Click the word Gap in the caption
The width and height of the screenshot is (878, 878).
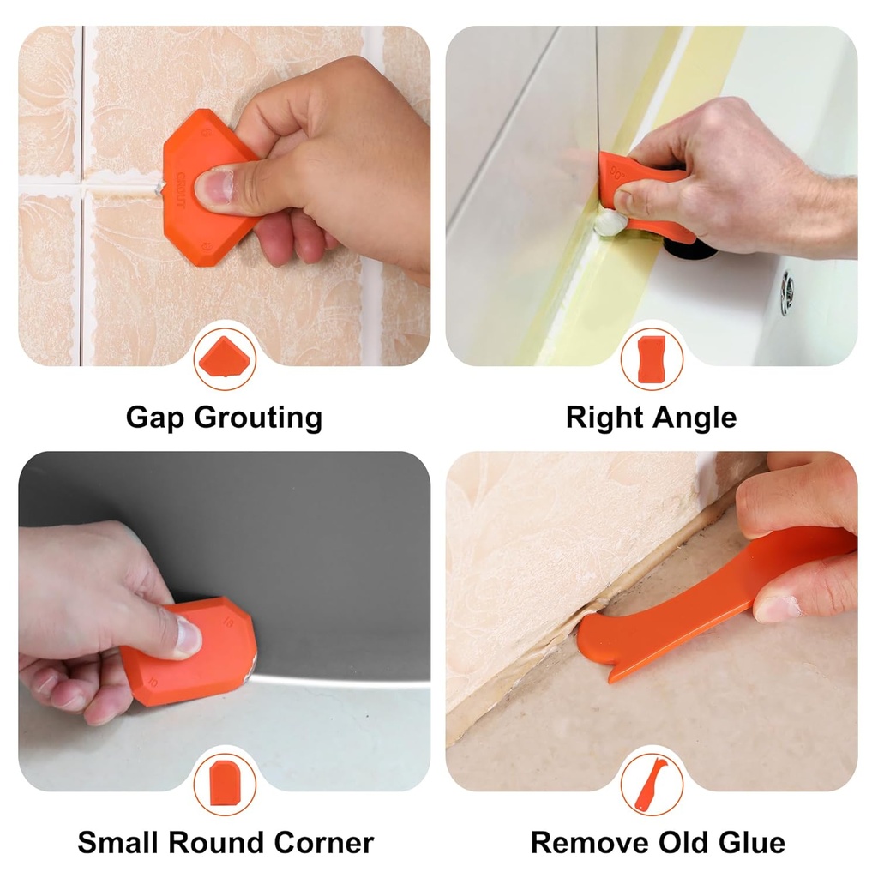(156, 418)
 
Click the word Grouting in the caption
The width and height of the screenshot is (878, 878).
(258, 418)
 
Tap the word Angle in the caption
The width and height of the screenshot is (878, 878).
(692, 418)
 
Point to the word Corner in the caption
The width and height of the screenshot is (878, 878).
(324, 842)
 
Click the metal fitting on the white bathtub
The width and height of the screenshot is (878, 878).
(786, 294)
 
